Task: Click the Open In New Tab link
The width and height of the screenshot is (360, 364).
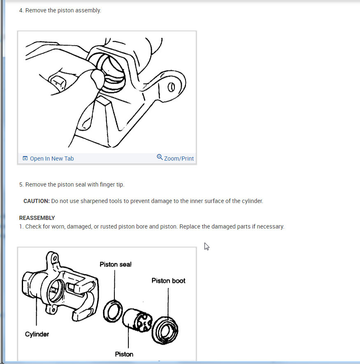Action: (48, 159)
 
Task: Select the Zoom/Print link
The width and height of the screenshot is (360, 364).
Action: (175, 158)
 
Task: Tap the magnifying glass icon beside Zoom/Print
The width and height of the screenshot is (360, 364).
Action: (160, 157)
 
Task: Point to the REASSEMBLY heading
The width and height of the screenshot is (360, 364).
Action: (37, 218)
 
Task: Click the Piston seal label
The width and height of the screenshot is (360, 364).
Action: (116, 264)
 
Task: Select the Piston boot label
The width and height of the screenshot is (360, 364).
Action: (168, 281)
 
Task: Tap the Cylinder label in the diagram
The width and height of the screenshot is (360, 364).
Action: (37, 334)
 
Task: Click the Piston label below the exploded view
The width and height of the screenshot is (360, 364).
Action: (124, 354)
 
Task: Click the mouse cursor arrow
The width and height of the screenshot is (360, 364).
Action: (207, 246)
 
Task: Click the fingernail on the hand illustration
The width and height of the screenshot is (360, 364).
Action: (57, 82)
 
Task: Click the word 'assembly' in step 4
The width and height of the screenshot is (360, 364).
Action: (90, 10)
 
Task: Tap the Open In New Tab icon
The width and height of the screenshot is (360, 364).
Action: (25, 158)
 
